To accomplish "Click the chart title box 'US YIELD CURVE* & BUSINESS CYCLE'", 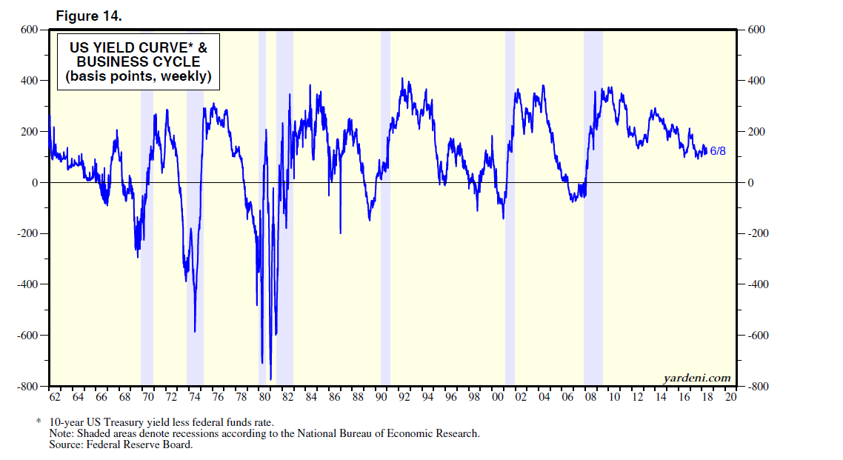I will (x=139, y=62).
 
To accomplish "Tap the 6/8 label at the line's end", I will (x=718, y=151).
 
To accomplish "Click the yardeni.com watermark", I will (x=696, y=379).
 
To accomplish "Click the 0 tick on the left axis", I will (x=33, y=182).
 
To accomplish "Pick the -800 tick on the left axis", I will (x=27, y=387).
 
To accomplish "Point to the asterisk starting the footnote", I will (x=38, y=421).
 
